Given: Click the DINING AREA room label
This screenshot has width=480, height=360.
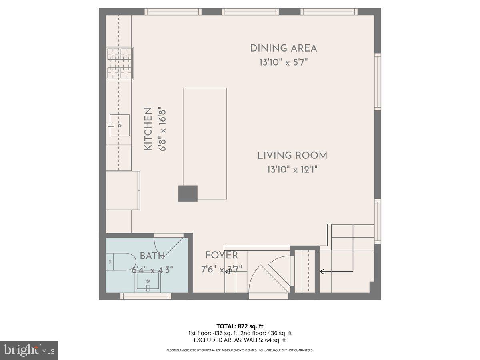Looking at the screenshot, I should (x=283, y=48).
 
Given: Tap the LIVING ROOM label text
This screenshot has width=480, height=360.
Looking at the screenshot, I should (x=292, y=156).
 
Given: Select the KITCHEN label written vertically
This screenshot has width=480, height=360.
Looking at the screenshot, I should (x=148, y=129).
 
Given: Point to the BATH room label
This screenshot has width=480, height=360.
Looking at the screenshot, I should (x=152, y=256).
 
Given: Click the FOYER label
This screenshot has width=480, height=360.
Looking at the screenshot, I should (x=221, y=255).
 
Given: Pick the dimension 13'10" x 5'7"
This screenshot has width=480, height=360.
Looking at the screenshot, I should (x=283, y=62).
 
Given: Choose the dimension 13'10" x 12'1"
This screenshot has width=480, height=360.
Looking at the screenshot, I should (x=292, y=170).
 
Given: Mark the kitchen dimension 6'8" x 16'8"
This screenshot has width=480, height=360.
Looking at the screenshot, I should (x=162, y=129).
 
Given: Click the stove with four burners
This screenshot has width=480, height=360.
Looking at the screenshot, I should (x=120, y=63).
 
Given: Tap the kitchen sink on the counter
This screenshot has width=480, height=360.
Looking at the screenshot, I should (x=119, y=125).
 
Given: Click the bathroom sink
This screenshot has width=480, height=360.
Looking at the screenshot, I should (x=148, y=283).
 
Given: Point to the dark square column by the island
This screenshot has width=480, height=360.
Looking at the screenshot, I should (x=188, y=193).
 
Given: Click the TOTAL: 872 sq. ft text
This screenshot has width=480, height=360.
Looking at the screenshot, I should (x=240, y=326).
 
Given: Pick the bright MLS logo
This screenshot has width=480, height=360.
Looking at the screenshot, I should (x=29, y=350).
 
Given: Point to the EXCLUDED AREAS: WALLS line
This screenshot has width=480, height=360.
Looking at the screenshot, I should (x=240, y=340).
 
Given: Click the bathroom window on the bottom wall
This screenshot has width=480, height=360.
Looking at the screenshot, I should (x=146, y=296).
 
